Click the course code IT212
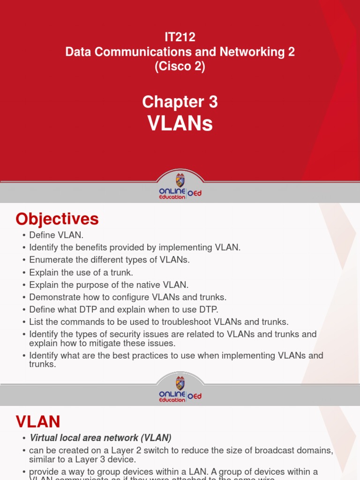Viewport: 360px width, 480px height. click(x=180, y=37)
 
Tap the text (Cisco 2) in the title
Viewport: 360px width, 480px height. click(x=180, y=67)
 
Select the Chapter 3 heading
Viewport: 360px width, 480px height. click(x=180, y=102)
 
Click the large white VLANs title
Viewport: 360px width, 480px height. click(x=180, y=123)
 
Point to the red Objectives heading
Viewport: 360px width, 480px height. click(x=57, y=219)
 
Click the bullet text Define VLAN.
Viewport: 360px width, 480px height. click(x=56, y=235)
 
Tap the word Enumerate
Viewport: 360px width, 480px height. click(x=50, y=260)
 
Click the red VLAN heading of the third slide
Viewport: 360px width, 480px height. click(x=38, y=422)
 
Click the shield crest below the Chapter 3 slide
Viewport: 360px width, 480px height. click(x=180, y=180)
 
